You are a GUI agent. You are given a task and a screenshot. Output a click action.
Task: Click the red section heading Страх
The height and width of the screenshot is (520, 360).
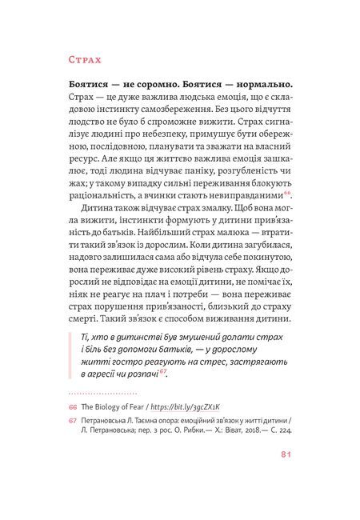(x=78, y=61)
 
